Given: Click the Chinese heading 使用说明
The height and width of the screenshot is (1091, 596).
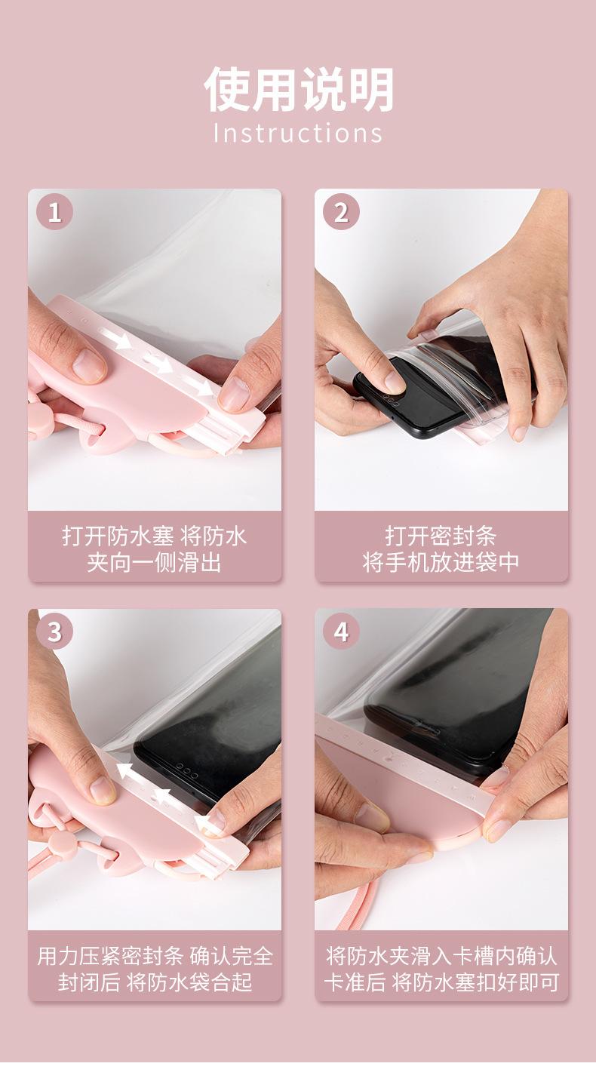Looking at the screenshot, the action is point(299,89).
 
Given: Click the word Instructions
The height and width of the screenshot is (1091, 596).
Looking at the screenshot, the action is point(298,133).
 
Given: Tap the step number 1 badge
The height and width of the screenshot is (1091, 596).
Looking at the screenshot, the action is point(54,212).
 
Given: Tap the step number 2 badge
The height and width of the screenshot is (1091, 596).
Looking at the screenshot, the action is point(341,212).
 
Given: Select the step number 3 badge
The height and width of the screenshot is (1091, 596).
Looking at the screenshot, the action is point(54,632).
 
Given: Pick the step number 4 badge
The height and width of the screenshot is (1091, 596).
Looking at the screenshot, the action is point(341,632).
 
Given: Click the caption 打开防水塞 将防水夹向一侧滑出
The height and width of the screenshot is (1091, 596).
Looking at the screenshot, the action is point(155,549).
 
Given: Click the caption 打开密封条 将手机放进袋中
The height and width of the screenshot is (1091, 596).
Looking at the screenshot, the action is point(441,549).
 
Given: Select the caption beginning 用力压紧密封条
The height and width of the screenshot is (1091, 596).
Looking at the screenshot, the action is point(155,969).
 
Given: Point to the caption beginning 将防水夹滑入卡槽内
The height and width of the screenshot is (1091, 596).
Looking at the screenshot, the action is point(441,969).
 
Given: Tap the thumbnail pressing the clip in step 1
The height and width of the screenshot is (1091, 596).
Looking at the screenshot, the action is point(89,365).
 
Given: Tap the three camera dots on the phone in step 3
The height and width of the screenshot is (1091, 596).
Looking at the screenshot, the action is point(186,772).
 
